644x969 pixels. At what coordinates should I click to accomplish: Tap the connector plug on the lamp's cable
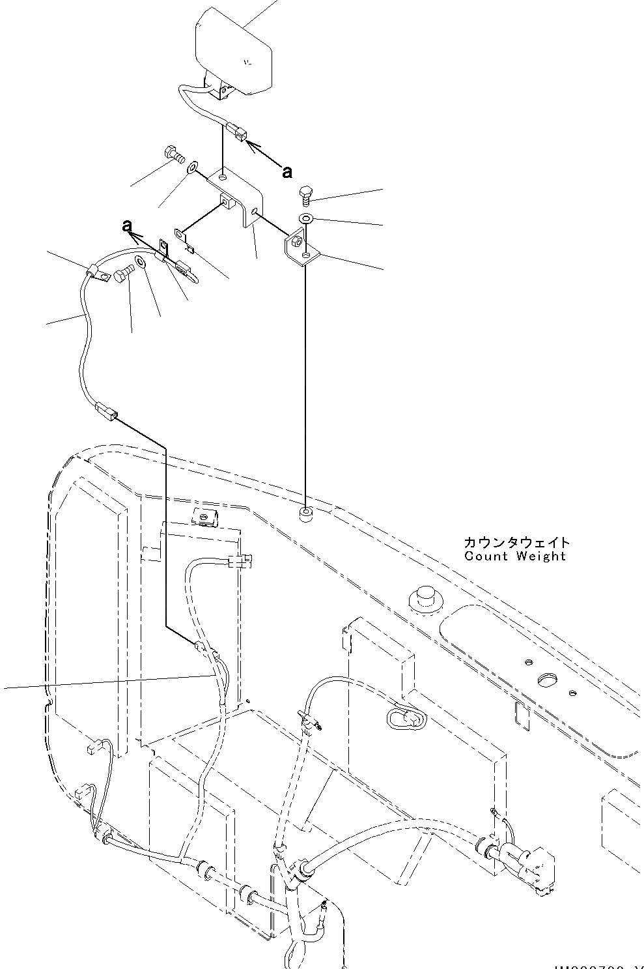236,132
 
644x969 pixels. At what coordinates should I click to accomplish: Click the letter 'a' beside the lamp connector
287,172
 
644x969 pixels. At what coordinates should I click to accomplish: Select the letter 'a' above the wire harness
128,225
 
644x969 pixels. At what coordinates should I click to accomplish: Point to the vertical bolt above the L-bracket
307,194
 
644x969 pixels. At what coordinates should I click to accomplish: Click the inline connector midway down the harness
106,412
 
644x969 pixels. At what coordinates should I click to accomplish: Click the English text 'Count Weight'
515,556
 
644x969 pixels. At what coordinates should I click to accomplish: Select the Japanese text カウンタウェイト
516,542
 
